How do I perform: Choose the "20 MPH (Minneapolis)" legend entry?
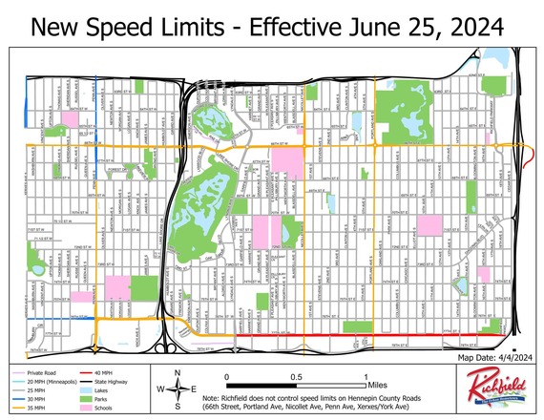pos(60,380)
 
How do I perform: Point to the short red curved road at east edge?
pos(531,157)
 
